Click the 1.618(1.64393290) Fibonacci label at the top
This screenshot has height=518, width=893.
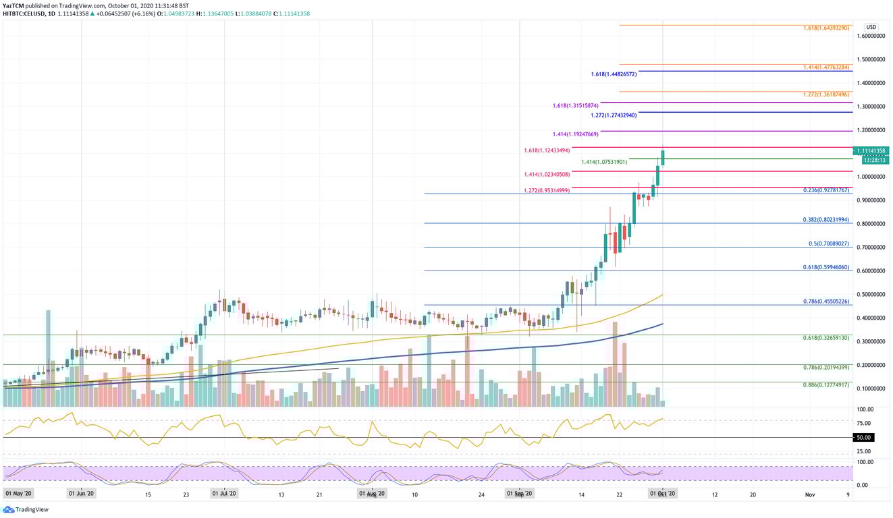827,28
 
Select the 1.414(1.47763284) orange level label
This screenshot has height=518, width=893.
827,67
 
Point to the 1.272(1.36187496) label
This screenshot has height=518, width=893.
827,94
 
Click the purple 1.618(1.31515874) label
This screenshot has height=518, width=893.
574,106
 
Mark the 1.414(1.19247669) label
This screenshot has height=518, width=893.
574,134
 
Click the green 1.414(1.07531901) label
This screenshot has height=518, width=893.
603,162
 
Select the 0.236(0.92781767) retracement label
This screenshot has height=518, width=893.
827,191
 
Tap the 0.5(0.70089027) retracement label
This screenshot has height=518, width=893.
829,243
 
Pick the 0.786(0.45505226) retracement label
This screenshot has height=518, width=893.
827,301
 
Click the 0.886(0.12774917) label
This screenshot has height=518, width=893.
827,384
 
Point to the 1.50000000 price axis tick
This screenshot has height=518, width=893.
871,59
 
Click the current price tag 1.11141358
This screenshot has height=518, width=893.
871,150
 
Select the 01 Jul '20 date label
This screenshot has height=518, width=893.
223,494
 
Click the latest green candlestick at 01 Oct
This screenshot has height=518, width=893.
663,158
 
